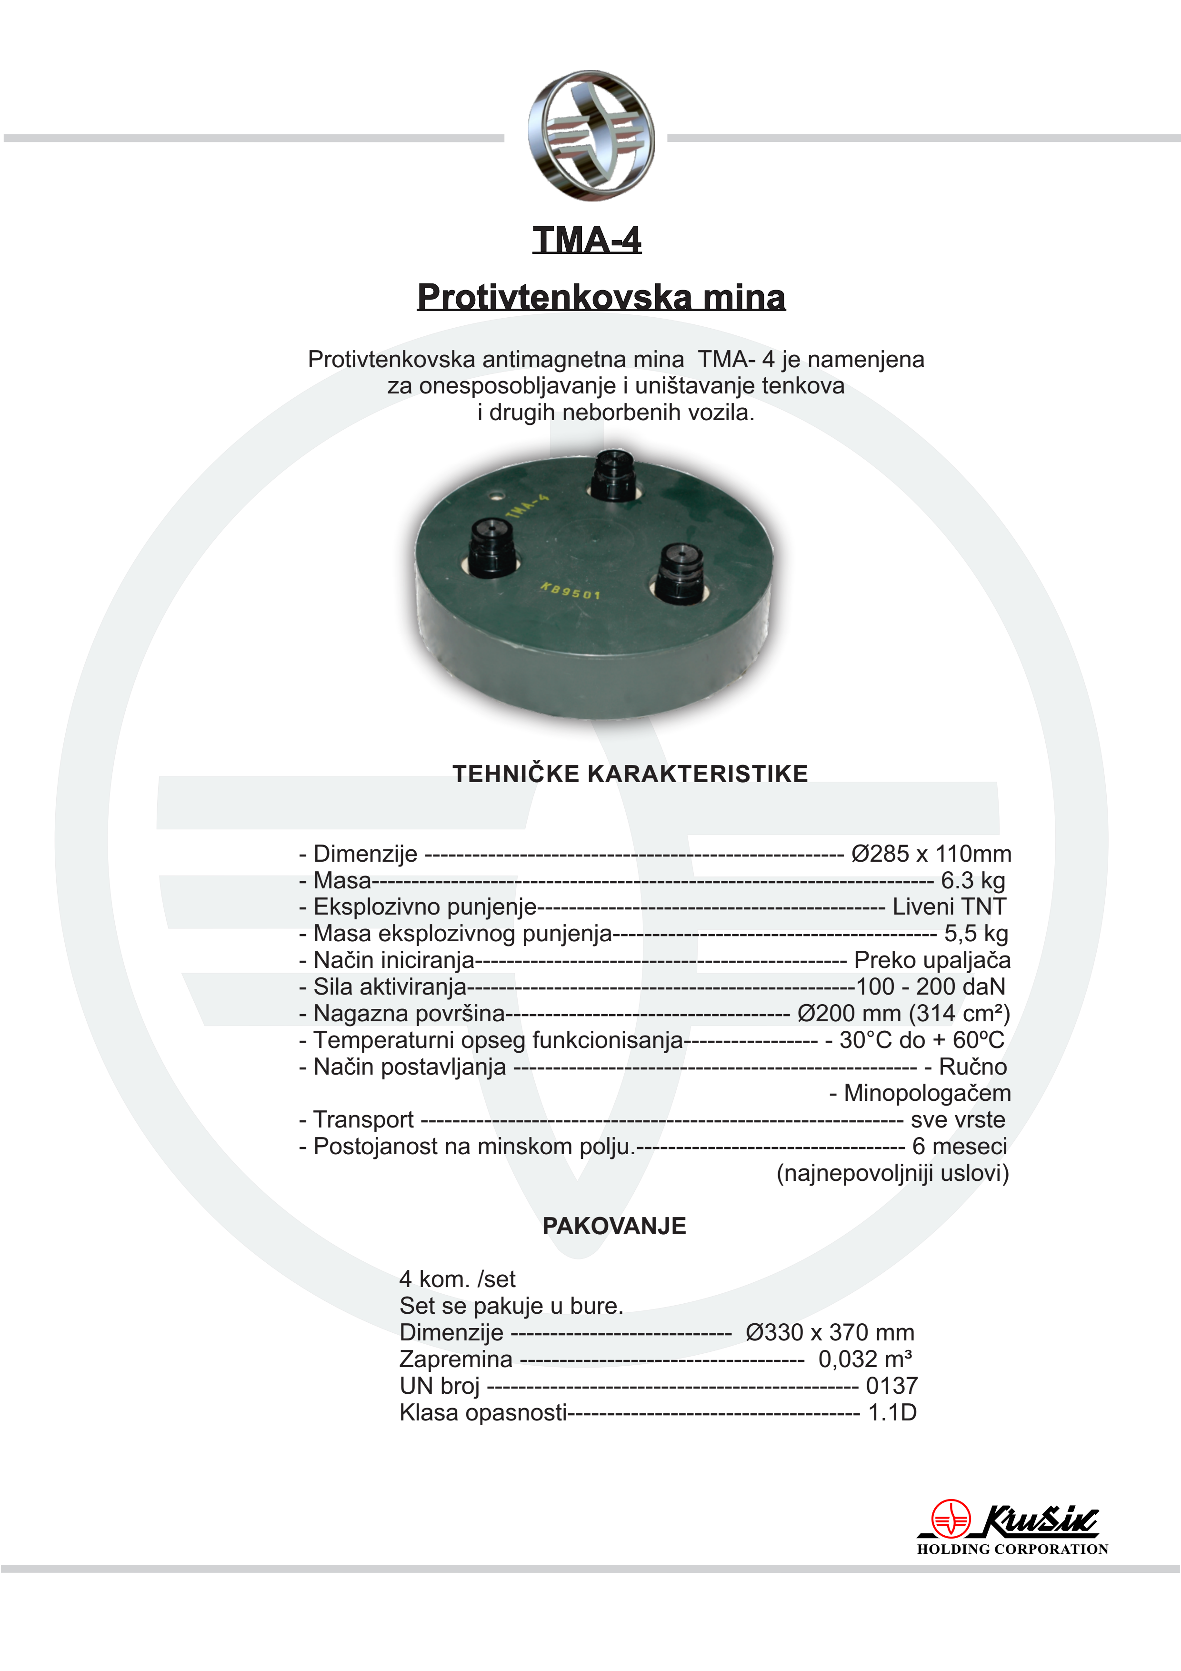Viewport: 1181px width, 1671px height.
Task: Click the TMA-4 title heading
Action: click(587, 240)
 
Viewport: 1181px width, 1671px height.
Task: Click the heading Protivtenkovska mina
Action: click(601, 297)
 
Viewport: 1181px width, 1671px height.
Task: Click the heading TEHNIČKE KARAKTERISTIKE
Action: click(630, 774)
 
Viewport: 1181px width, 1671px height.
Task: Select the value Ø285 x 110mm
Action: click(931, 854)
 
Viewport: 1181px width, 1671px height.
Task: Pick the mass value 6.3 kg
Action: click(973, 881)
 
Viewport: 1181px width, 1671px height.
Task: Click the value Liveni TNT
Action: click(949, 907)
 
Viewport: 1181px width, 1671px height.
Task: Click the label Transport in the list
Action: click(363, 1119)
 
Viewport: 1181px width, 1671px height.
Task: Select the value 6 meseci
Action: click(960, 1146)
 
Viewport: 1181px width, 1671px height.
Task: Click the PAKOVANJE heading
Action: click(614, 1226)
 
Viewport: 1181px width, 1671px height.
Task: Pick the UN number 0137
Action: click(891, 1386)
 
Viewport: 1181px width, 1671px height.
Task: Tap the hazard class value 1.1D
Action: click(892, 1413)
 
